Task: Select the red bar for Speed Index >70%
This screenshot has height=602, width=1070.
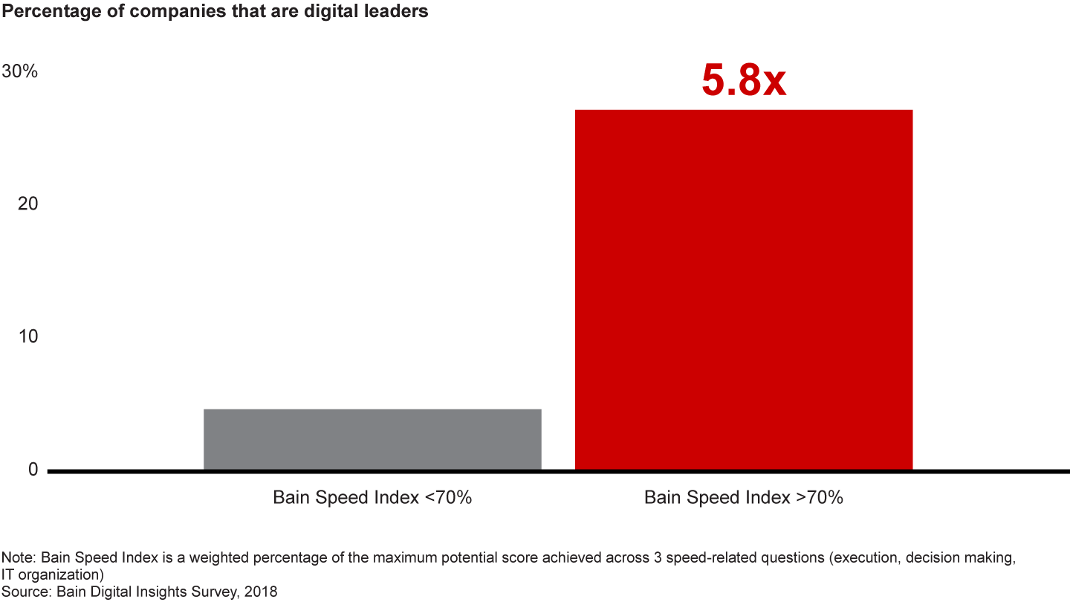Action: pos(744,290)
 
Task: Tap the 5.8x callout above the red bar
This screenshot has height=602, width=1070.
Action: pos(744,81)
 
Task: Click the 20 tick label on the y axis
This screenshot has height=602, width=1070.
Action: pos(27,204)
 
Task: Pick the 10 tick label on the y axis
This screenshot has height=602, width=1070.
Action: pos(27,337)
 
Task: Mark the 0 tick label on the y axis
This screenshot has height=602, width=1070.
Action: pos(32,470)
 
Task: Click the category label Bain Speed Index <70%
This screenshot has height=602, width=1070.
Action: pos(372,498)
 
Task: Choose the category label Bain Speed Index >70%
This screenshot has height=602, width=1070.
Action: pos(744,498)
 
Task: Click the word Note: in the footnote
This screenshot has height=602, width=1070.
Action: pos(19,557)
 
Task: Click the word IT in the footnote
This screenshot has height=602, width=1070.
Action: pos(7,575)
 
